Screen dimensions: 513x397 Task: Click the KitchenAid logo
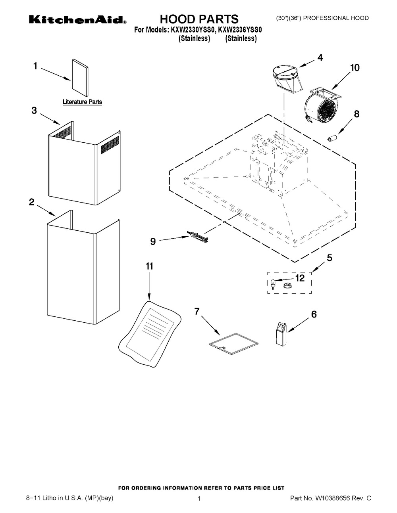[77, 20]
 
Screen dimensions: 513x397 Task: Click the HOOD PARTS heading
[199, 19]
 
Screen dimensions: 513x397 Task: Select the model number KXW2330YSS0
[190, 30]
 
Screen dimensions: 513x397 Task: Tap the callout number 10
[354, 68]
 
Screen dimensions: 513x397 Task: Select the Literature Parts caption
[82, 102]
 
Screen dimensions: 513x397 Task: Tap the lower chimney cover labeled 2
[83, 266]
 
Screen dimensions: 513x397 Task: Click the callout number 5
[329, 258]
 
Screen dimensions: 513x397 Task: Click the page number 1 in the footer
[198, 499]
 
